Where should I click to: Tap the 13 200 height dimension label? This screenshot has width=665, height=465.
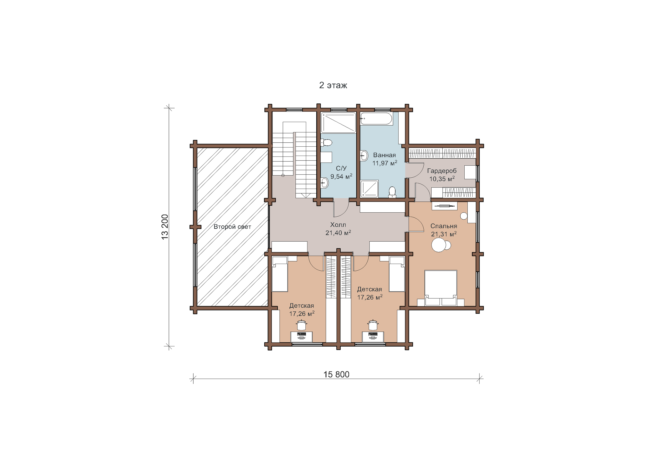pyautogui.click(x=165, y=227)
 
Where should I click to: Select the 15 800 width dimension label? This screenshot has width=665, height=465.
pyautogui.click(x=336, y=374)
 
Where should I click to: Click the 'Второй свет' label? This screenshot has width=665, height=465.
pyautogui.click(x=232, y=227)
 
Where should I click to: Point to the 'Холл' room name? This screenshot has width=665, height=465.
pyautogui.click(x=338, y=225)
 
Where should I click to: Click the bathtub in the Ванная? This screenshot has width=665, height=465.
pyautogui.click(x=376, y=119)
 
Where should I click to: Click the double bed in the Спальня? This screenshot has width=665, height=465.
pyautogui.click(x=440, y=288)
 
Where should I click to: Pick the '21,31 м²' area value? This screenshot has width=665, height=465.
pyautogui.click(x=444, y=234)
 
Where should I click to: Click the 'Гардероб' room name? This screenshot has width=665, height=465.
pyautogui.click(x=442, y=171)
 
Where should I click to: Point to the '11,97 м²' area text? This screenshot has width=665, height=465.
pyautogui.click(x=385, y=163)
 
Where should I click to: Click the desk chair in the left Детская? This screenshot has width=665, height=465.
pyautogui.click(x=301, y=325)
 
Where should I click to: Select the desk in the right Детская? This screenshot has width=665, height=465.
pyautogui.click(x=373, y=337)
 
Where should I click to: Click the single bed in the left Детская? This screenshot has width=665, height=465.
pyautogui.click(x=280, y=274)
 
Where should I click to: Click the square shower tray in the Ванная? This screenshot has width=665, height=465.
pyautogui.click(x=369, y=189)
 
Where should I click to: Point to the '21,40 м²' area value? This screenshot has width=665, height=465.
pyautogui.click(x=338, y=233)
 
